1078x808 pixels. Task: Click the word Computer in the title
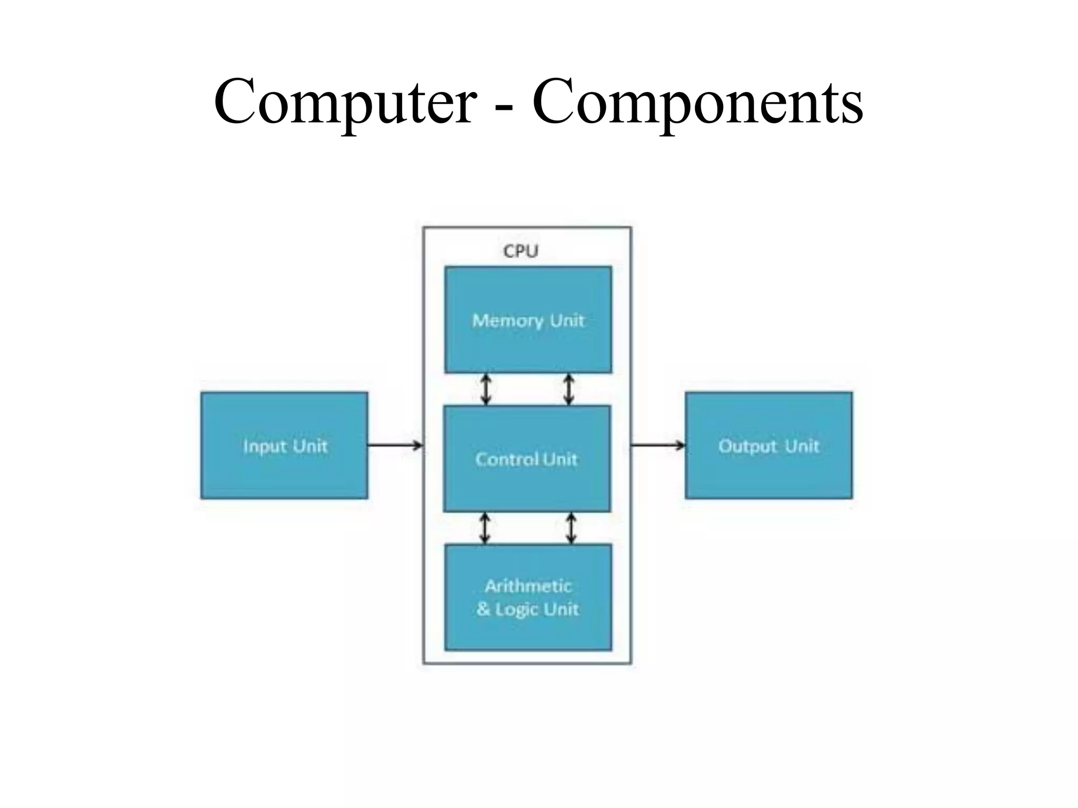345,102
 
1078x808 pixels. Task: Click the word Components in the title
697,102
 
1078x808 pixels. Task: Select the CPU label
521,251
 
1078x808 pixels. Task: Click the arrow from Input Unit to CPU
395,446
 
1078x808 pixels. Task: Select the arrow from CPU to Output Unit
658,446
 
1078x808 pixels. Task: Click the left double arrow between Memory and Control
486,389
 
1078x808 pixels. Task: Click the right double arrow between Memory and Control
568,389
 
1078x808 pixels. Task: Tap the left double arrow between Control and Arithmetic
485,528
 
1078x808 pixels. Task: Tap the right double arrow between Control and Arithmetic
571,528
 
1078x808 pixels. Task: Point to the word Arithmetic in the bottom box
528,586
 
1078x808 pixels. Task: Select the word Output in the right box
747,446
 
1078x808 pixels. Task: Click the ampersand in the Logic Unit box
483,609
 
